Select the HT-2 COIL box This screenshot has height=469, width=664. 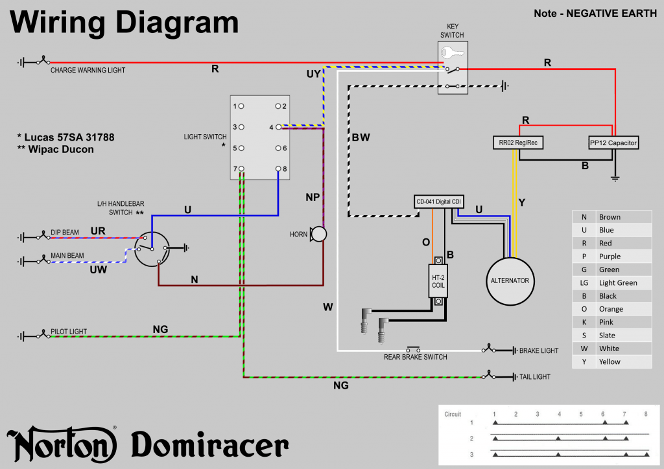(439, 281)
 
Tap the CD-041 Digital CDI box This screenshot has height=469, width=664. (439, 202)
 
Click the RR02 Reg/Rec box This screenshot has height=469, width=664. (517, 143)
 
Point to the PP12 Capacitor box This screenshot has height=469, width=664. (613, 143)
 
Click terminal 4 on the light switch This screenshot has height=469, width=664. (278, 127)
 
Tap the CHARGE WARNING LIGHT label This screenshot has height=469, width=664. (88, 70)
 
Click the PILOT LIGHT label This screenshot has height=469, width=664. (69, 332)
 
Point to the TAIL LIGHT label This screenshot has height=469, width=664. (535, 376)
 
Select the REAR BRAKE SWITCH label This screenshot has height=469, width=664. (416, 357)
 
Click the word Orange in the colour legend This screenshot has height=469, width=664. (611, 309)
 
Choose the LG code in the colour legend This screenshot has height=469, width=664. (584, 282)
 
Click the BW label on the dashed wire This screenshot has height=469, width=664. (361, 138)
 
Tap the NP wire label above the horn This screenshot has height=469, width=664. (313, 197)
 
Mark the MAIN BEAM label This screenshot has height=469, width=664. (67, 256)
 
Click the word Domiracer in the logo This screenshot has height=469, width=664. (210, 446)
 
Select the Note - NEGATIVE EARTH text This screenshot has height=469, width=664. (595, 13)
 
